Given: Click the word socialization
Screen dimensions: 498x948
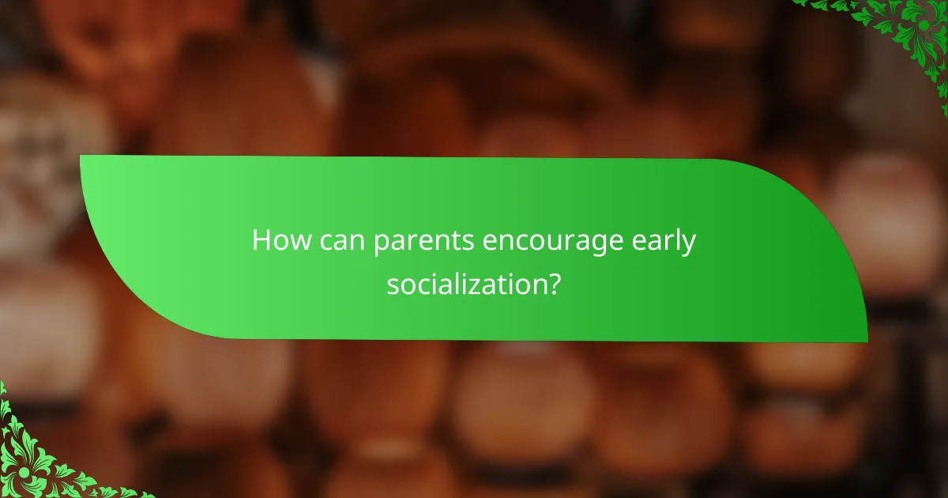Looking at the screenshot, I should coord(467,284).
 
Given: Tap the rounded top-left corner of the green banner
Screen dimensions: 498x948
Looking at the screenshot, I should coord(87,162).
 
